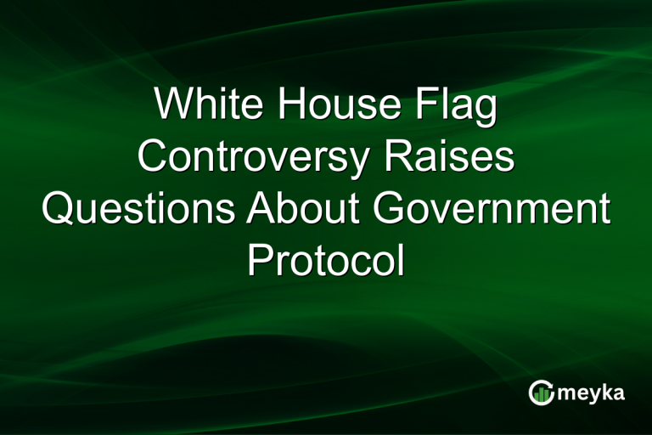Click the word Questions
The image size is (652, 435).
[x=137, y=208]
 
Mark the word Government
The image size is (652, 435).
[x=493, y=208]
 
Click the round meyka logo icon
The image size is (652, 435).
[x=541, y=392]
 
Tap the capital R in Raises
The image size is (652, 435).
[x=391, y=159]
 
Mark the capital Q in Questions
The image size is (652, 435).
[x=59, y=208]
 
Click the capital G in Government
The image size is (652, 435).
[x=392, y=208]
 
